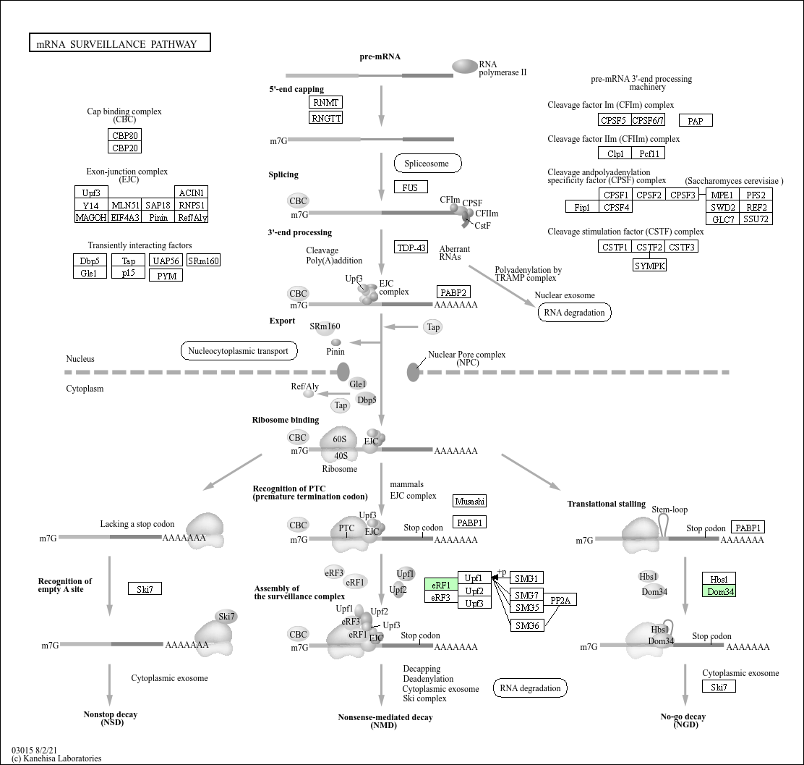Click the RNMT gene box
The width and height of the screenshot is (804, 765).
click(x=325, y=102)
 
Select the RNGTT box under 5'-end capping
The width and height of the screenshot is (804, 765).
click(x=325, y=117)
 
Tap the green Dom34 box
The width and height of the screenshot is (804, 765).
click(x=719, y=591)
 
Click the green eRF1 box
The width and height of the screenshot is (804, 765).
click(x=441, y=585)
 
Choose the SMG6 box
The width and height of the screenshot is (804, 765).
click(x=527, y=625)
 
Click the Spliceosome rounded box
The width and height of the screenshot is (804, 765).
click(x=427, y=164)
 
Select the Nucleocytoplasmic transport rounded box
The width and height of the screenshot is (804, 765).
click(x=239, y=351)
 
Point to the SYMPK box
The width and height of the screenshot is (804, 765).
click(x=649, y=266)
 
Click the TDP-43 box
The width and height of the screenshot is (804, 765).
click(x=411, y=248)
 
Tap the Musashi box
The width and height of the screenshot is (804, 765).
click(x=470, y=501)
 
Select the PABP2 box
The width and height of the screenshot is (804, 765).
click(x=453, y=292)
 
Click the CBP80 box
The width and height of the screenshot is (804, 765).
click(x=124, y=135)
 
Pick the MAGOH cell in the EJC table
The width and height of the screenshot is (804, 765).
click(x=91, y=217)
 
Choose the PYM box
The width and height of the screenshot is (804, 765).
click(x=166, y=275)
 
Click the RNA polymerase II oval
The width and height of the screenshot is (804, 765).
click(x=464, y=67)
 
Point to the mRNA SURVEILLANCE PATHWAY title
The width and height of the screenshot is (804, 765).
click(x=119, y=43)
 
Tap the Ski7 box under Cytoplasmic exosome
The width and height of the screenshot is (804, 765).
click(x=719, y=687)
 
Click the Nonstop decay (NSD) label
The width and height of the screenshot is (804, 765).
click(x=110, y=718)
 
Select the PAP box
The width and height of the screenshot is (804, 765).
click(x=695, y=121)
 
